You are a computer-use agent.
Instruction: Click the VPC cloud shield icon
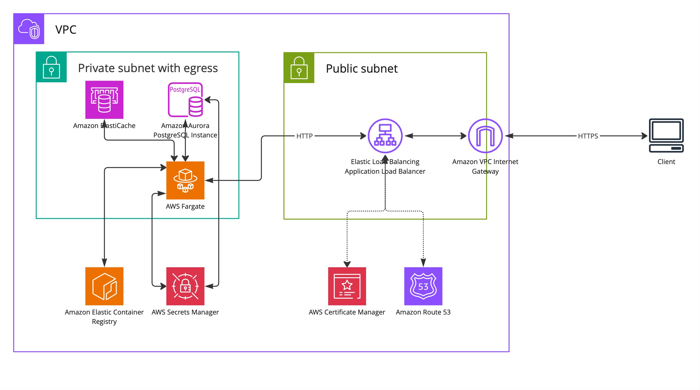coord(29,29)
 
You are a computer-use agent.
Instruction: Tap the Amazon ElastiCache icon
coord(104,100)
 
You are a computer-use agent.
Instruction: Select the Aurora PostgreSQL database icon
coord(185,100)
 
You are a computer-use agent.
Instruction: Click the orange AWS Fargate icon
coord(185,180)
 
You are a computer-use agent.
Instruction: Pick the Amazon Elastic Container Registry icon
coord(104,286)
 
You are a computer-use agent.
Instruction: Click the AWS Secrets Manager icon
coord(185,286)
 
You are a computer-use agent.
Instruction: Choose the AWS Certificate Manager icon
coord(347,286)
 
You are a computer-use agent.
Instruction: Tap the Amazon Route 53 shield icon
coord(423,286)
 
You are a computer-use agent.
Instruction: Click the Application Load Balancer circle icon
coord(385,136)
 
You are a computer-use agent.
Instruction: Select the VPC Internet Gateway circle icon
coord(485,136)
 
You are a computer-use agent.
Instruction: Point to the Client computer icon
coord(666,135)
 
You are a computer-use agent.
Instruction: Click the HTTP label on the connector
coord(304,136)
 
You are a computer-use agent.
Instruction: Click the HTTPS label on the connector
coord(588,136)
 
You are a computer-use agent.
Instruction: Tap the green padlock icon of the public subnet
coord(299,68)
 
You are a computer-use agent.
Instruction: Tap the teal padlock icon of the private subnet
coord(51,67)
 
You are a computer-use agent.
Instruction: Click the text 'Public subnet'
coord(362,68)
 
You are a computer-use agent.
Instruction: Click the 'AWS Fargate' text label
coord(185,206)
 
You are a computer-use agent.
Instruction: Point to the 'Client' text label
coord(666,162)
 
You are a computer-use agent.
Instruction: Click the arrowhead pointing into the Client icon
coord(645,136)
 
